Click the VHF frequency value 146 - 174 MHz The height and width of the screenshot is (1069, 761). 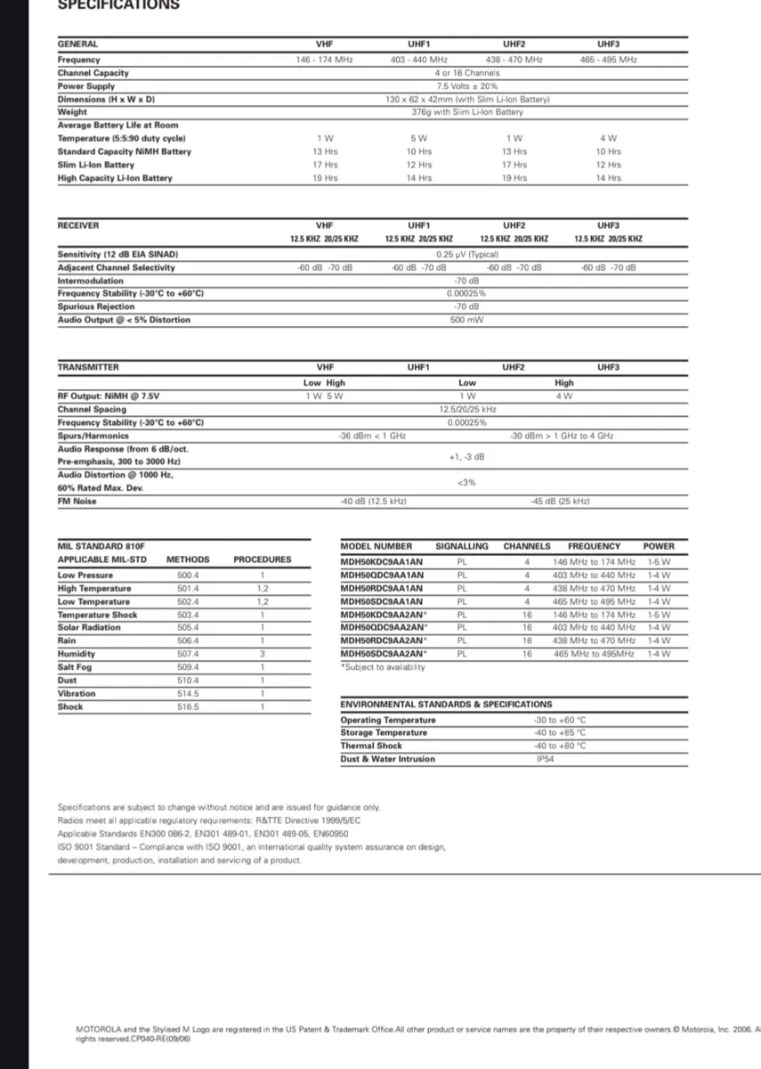(x=324, y=60)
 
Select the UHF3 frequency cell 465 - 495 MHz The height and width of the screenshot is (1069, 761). (x=609, y=60)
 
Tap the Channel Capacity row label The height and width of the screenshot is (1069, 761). (x=93, y=72)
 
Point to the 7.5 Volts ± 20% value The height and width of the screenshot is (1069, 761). (x=466, y=86)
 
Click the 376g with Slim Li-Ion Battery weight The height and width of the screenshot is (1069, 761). (x=466, y=112)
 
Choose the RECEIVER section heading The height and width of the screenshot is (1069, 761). (x=78, y=225)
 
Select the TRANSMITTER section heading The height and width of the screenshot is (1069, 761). (x=87, y=367)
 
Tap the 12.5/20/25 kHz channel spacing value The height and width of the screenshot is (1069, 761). (x=467, y=409)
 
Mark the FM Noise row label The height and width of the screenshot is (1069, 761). (x=77, y=502)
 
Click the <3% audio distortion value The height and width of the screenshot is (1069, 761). (x=466, y=482)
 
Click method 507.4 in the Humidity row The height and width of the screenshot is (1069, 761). (x=189, y=653)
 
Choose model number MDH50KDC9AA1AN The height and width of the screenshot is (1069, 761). (x=382, y=562)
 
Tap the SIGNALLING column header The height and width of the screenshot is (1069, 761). (x=462, y=546)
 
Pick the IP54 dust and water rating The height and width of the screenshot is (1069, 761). (x=545, y=759)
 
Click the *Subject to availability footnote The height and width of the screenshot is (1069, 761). (x=383, y=667)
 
